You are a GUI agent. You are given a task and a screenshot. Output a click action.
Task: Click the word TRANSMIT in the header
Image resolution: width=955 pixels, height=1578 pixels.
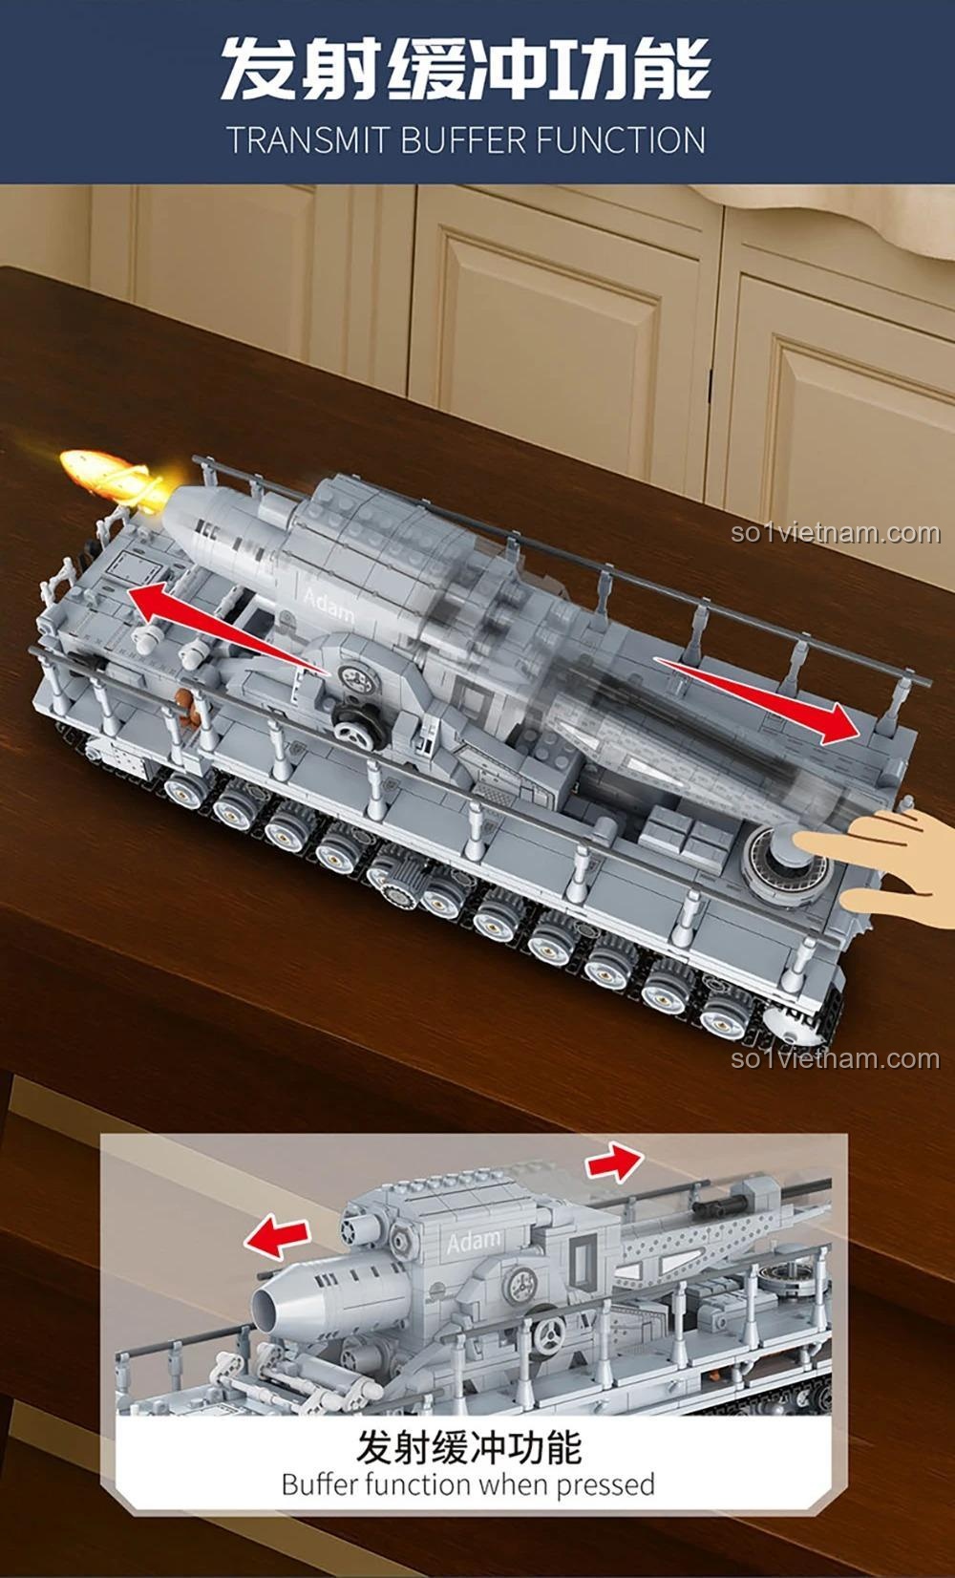308,140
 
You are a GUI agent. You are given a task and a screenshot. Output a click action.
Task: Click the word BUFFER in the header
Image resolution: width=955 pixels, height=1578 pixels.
463,140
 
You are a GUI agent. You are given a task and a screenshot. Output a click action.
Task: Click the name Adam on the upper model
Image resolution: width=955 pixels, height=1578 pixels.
329,604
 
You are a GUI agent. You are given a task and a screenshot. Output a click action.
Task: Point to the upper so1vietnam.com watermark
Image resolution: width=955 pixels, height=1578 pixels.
836,533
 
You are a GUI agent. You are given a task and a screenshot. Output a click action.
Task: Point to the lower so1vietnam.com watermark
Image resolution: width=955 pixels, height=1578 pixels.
836,1058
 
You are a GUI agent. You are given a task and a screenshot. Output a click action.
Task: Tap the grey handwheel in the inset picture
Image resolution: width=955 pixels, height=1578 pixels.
548,1333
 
